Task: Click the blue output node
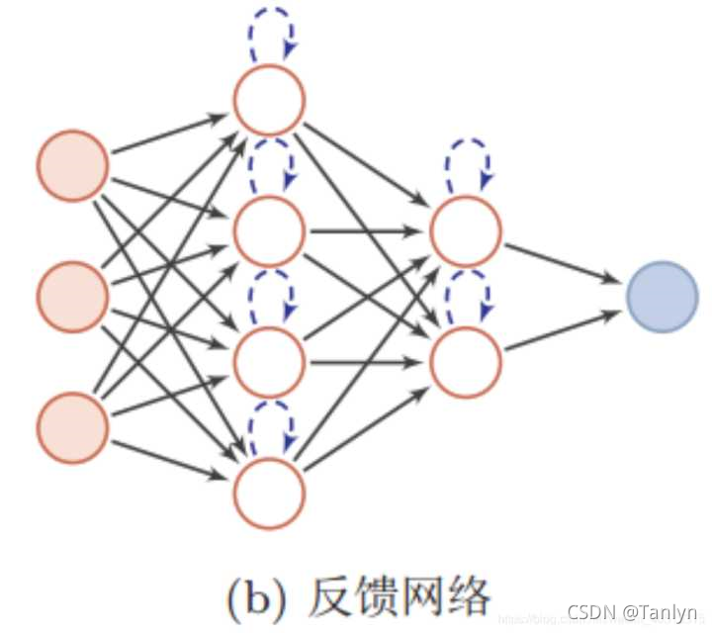click(x=663, y=296)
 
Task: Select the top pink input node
click(x=72, y=165)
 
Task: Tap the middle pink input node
click(x=72, y=296)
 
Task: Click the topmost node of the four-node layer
click(x=269, y=99)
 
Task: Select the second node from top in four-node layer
click(x=269, y=230)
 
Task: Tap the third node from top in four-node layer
click(x=269, y=362)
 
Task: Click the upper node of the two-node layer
click(x=466, y=230)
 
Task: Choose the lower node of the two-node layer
click(x=466, y=362)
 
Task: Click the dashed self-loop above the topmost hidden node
click(x=270, y=40)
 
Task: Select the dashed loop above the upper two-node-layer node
click(x=467, y=163)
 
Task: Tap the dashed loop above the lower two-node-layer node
click(x=467, y=295)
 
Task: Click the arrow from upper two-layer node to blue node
click(x=564, y=261)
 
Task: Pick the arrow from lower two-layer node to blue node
click(x=564, y=330)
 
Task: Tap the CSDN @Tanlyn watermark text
click(x=632, y=613)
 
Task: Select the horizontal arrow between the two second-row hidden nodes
click(x=367, y=231)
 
